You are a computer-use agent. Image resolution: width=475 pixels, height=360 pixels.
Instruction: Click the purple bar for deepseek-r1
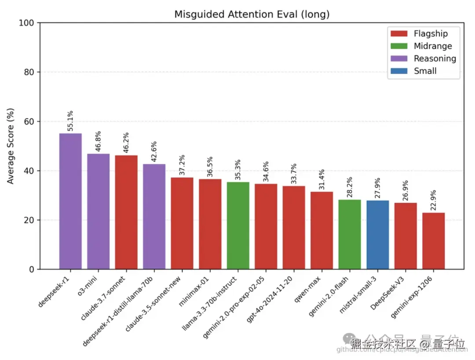pos(70,201)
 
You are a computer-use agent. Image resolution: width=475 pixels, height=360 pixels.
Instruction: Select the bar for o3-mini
pos(99,211)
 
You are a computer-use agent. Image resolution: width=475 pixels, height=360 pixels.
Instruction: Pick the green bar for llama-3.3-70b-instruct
pos(238,225)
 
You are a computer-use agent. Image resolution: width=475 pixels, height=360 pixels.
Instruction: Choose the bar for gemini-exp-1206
pos(434,241)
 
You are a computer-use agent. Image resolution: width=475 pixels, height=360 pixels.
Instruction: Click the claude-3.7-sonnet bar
pos(126,212)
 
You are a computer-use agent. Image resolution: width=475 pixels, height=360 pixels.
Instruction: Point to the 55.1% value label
pos(70,121)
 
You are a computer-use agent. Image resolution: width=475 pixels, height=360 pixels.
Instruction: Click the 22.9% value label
pos(434,200)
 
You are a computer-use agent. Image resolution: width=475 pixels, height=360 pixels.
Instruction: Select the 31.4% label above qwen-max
pos(322,179)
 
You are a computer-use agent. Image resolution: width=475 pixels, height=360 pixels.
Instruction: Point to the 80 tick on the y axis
pos(30,72)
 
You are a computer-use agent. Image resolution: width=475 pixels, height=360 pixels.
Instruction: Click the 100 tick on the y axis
pos(28,22)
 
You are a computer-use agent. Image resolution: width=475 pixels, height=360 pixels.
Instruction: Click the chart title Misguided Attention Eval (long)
pos(252,14)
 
